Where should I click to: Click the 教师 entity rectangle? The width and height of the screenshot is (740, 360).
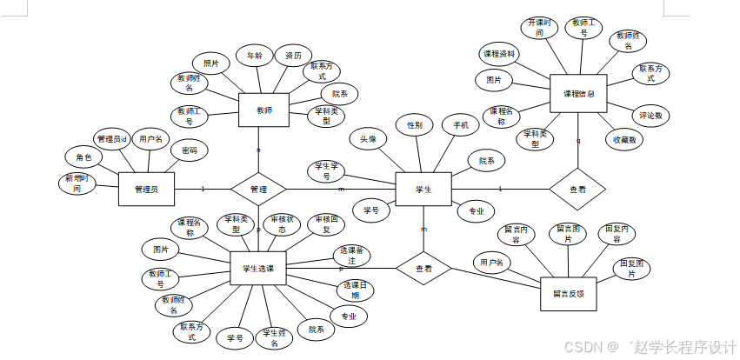263,110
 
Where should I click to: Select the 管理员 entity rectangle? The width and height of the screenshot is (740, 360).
146,189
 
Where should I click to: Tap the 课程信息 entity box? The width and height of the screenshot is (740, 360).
578,93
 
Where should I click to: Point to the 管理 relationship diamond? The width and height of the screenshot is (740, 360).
258,189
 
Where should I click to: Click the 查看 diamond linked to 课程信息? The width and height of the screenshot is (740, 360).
577,189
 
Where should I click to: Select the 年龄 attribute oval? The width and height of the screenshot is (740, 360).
255,57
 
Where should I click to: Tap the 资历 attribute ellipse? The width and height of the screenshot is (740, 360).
293,57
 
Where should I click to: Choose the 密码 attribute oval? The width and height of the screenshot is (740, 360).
189,150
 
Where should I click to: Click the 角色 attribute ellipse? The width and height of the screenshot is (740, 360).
83,157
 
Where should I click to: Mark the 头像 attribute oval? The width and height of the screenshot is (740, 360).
369,139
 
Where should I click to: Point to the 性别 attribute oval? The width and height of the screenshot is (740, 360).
415,125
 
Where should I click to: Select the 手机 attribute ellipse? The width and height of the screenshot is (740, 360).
460,125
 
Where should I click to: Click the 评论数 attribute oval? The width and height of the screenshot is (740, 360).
650,115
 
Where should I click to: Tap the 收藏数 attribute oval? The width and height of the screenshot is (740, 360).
624,139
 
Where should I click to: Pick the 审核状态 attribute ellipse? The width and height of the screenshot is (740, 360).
284,224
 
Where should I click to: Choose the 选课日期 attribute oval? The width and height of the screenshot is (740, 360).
355,290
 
